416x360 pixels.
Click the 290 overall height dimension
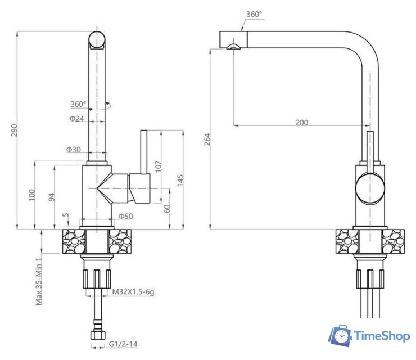coord(14,130)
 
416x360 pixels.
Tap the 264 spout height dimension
coord(207,139)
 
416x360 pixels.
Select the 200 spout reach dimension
coord(302,123)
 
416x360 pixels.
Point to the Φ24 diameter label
coord(76,119)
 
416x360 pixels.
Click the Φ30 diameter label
coord(74,150)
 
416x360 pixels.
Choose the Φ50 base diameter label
coord(125,216)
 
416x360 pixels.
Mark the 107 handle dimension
coord(158,166)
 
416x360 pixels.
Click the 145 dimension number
coord(180,180)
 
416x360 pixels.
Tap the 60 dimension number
coord(166,209)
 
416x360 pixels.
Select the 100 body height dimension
coord(32,195)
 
